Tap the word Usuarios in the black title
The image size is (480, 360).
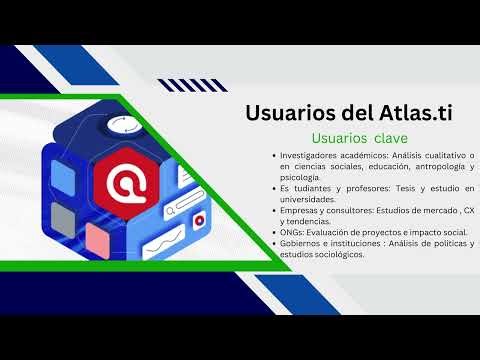(288, 113)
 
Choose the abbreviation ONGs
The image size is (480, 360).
(292, 233)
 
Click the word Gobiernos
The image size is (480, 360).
(303, 244)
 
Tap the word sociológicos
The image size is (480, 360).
(335, 253)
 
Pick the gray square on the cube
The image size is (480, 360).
(66, 219)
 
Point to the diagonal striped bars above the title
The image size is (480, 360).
(187, 85)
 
